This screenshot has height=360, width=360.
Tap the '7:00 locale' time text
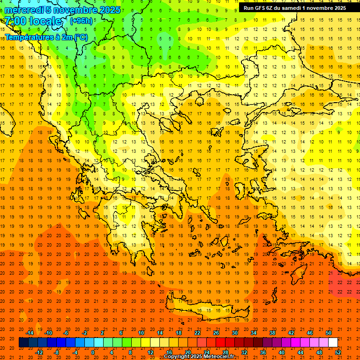(x=33, y=21)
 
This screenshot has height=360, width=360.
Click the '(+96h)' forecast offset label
(x=82, y=21)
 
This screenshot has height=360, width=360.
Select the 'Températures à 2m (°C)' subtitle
(x=46, y=37)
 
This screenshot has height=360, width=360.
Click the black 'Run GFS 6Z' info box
(x=295, y=8)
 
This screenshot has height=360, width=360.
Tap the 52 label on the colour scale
(x=338, y=352)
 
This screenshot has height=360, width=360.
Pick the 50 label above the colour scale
(x=328, y=333)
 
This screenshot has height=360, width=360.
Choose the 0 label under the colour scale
(x=93, y=352)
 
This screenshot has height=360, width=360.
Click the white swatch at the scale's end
(x=333, y=343)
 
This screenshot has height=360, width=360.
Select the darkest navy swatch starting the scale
(x=23, y=343)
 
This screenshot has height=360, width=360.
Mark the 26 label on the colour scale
(x=216, y=333)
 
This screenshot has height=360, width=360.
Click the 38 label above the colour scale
(x=272, y=333)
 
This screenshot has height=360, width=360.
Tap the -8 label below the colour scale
(x=57, y=352)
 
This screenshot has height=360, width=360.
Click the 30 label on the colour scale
(x=235, y=333)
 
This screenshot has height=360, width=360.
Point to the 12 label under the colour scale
(x=150, y=352)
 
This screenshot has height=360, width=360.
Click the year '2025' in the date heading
(x=109, y=10)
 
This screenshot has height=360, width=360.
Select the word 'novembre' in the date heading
(x=75, y=10)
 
